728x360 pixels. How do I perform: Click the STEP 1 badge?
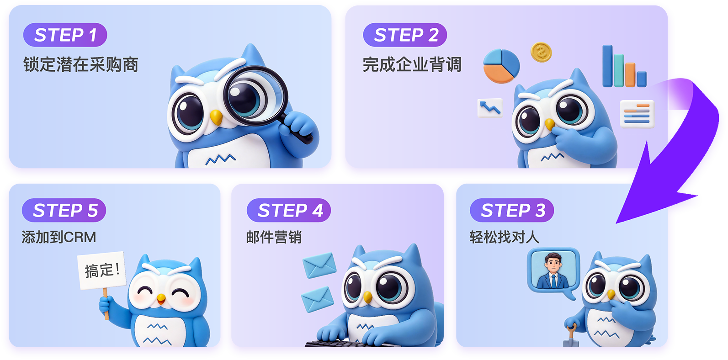coord(65,35)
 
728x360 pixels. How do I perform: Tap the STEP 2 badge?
coord(405,35)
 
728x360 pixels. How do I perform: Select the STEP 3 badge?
coord(512,210)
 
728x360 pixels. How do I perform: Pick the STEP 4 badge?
coord(289,210)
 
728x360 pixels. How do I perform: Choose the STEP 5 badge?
coord(64,210)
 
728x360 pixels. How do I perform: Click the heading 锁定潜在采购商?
coord(80,64)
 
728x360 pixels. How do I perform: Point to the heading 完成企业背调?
coord(412,64)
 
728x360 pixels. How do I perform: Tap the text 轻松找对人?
coord(505,237)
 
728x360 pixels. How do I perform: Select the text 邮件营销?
coord(274,237)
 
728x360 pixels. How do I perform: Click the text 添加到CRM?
coord(59,237)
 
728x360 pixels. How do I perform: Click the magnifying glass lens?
coord(255,95)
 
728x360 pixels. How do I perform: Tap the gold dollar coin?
coord(541,53)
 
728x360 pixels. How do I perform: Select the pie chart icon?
coord(501,66)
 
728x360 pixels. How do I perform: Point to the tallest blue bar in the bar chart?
coord(607,66)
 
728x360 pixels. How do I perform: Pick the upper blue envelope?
coord(319,265)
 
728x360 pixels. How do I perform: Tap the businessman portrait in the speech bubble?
coord(553,270)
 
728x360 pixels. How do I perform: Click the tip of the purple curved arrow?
coord(616,223)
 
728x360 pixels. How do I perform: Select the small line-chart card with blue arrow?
coord(490,108)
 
